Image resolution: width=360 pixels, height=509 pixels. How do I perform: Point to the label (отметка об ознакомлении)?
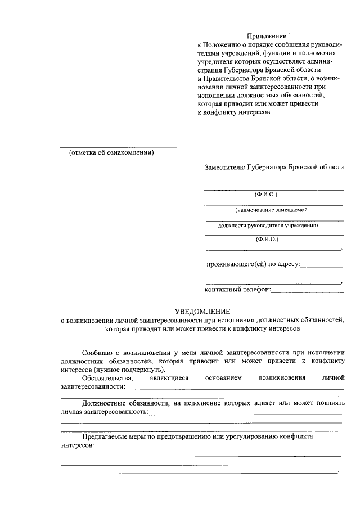[111, 153]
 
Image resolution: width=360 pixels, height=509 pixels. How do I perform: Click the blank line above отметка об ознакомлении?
[119, 147]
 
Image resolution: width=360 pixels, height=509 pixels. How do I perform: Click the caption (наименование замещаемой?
[272, 210]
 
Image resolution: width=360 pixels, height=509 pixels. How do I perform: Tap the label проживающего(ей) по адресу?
[253, 264]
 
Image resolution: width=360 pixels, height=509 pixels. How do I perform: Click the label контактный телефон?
[237, 290]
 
